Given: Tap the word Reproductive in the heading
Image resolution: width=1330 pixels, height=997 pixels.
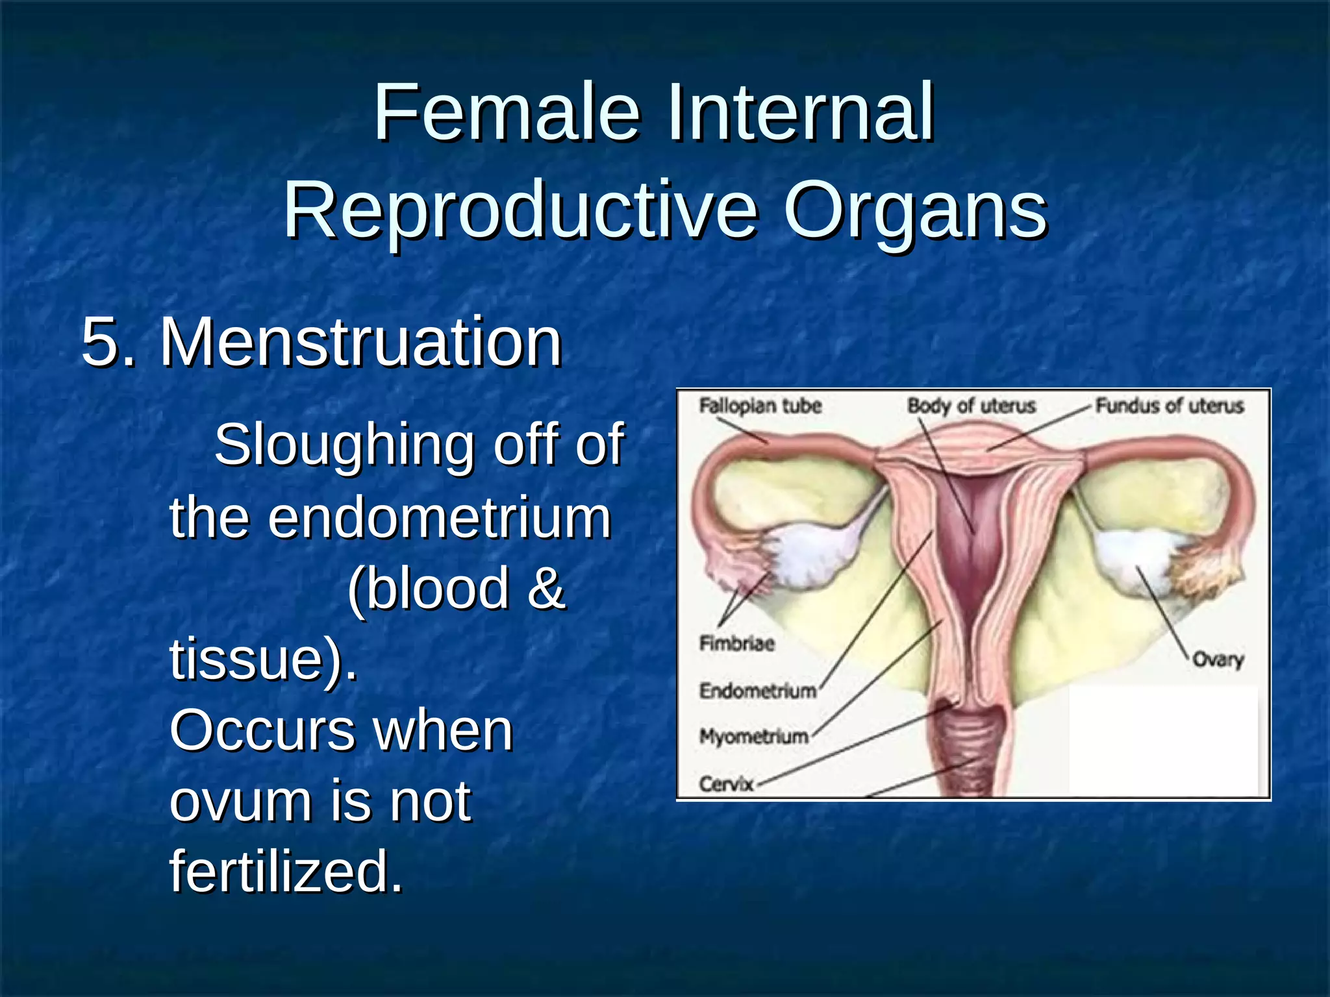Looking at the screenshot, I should [520, 211].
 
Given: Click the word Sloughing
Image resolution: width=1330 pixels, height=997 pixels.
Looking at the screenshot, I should [344, 445].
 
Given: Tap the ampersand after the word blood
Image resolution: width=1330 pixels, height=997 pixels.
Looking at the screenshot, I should [546, 588].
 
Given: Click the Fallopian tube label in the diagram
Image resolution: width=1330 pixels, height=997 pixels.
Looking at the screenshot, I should [760, 406].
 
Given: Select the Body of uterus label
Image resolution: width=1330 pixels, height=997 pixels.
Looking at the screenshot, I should [971, 406].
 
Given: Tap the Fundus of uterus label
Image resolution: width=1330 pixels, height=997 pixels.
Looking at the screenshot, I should [1169, 406].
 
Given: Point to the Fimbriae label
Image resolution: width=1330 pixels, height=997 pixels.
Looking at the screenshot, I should [736, 643].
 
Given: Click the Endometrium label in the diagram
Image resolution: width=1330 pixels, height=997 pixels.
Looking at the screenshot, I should [757, 691].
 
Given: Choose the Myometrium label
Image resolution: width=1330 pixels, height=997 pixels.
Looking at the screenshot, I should [753, 737].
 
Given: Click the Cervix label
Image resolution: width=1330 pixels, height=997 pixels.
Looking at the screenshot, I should [725, 784].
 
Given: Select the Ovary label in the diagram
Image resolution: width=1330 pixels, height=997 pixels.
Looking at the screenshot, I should [1217, 660].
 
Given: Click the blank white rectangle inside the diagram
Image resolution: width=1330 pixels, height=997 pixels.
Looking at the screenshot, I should [1162, 740].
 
